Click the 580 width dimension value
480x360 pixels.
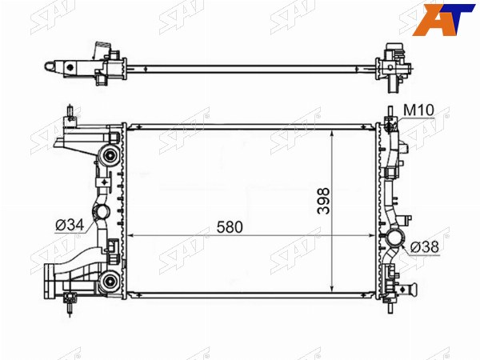(230, 227)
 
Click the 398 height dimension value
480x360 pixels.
(323, 201)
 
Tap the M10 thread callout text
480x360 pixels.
(418, 110)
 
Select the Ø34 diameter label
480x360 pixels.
(70, 226)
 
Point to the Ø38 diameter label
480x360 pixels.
(424, 246)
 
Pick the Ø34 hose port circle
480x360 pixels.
(101, 211)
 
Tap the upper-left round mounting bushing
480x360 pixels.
(109, 155)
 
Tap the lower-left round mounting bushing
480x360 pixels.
(109, 281)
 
